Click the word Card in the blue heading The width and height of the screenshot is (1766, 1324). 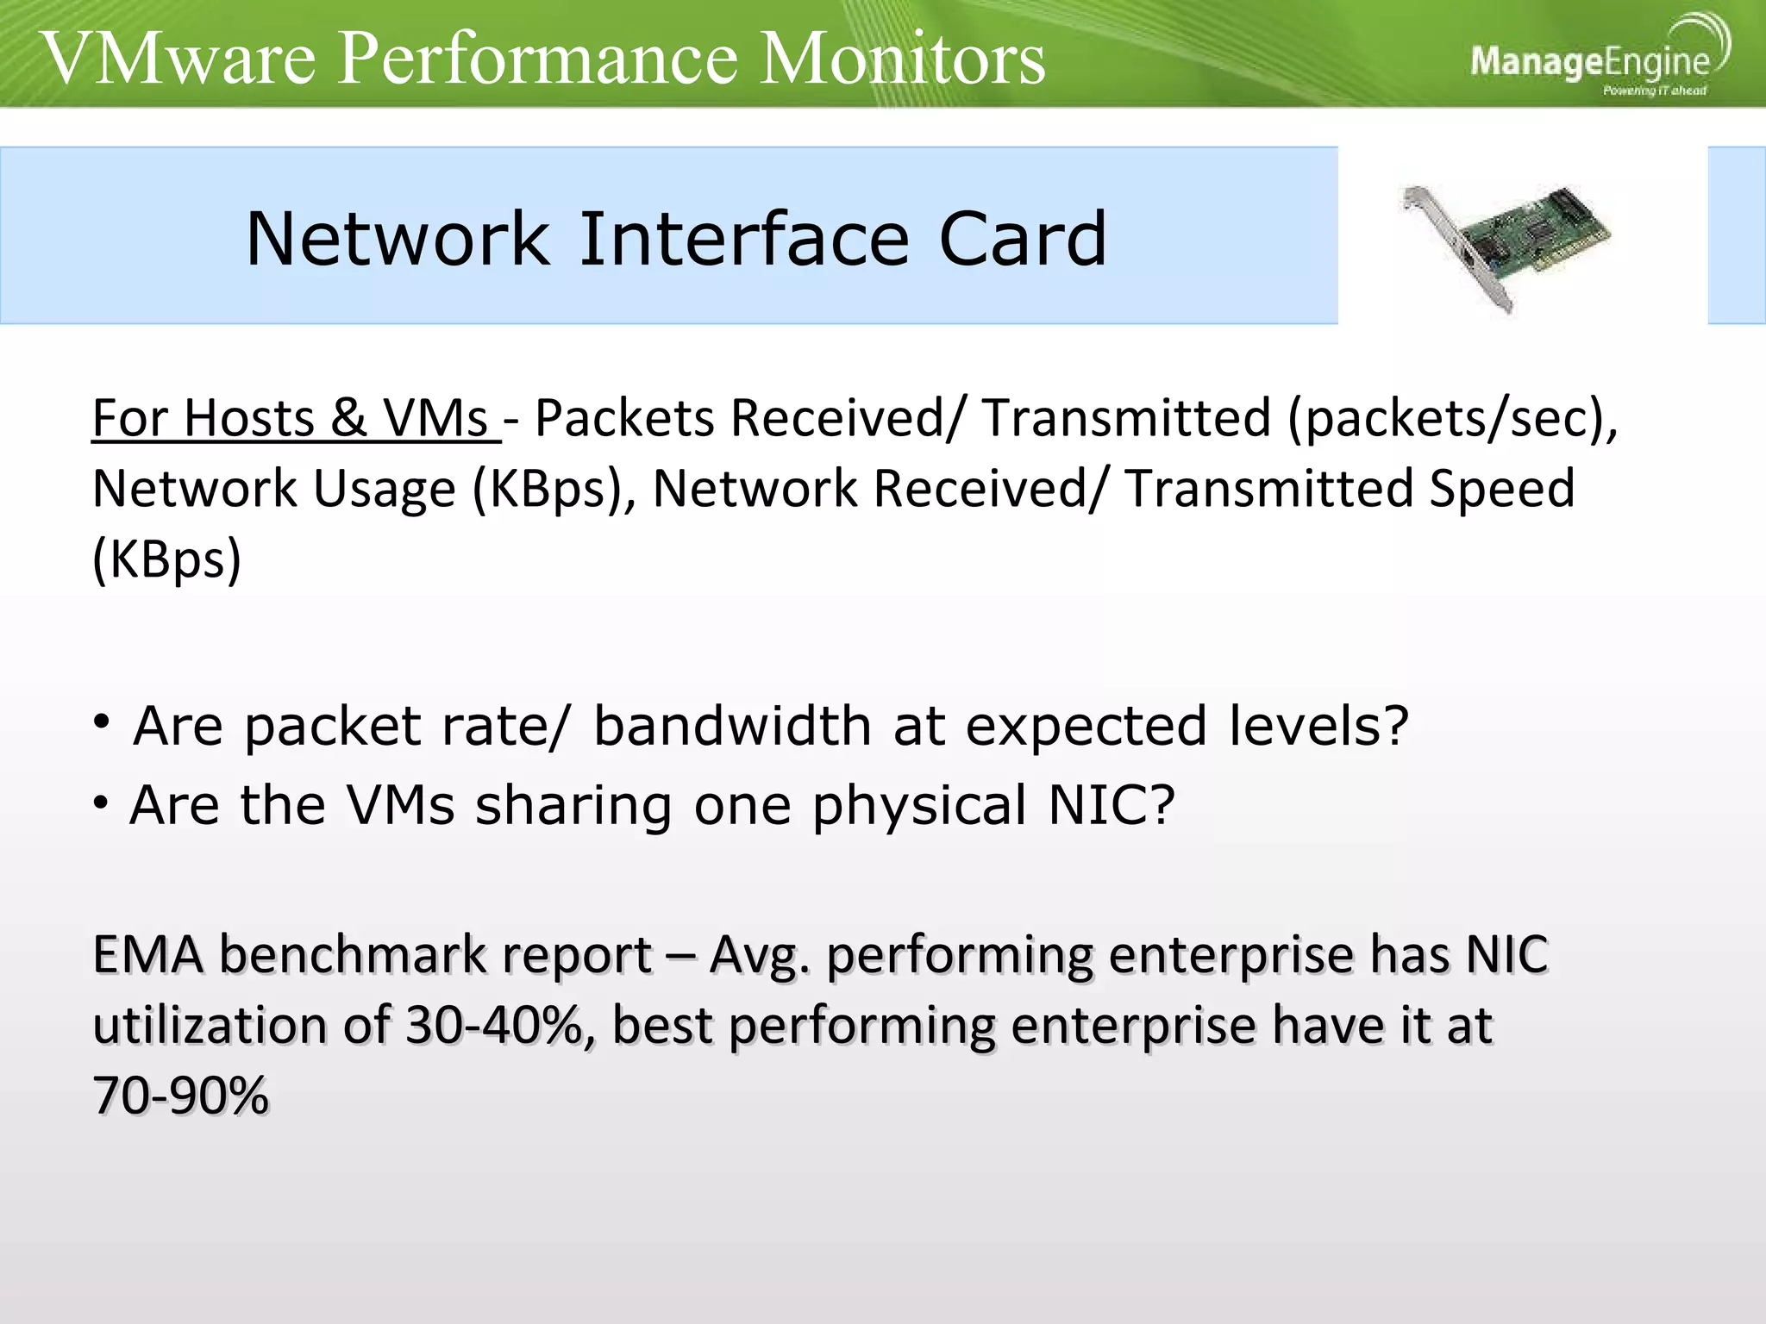point(1022,239)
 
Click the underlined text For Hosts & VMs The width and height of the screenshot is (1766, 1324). point(293,419)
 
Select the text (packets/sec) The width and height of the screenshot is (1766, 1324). point(1453,419)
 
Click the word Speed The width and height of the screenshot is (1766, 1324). point(1501,490)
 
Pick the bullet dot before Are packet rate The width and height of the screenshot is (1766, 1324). point(102,722)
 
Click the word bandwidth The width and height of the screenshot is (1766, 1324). point(732,726)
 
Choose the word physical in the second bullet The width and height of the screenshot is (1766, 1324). point(919,805)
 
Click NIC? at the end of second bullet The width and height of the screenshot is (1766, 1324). point(1111,805)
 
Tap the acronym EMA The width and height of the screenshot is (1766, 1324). point(147,955)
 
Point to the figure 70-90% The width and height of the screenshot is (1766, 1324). point(180,1096)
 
